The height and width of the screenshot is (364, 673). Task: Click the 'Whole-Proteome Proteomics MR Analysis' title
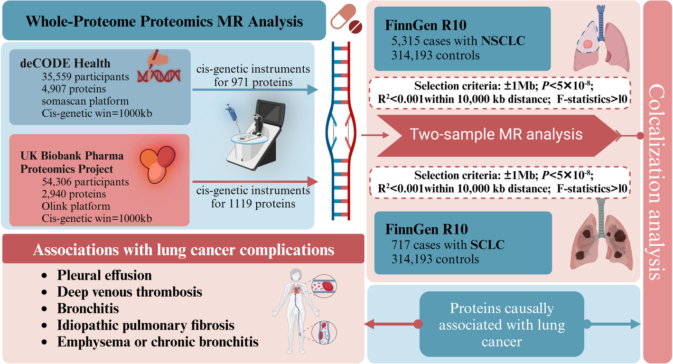[x=164, y=21]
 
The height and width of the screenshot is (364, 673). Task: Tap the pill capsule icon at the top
[x=344, y=16]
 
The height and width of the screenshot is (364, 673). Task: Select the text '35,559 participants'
[x=85, y=76]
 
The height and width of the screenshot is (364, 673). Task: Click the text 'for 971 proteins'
[x=253, y=82]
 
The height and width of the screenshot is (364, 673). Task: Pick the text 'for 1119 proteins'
[x=253, y=204]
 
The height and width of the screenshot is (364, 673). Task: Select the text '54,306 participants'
[x=85, y=182]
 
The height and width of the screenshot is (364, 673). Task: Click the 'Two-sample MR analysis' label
[x=496, y=134]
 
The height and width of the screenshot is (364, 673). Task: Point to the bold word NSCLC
[x=503, y=41]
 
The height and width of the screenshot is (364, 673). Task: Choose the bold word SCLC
[x=487, y=245]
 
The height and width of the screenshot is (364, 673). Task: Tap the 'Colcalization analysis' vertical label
[x=656, y=182]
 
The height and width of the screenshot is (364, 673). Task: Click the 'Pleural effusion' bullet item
[x=104, y=275]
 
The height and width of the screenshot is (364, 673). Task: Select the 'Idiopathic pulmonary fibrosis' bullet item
[x=146, y=325]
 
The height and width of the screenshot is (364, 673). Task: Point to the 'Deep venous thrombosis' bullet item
[x=130, y=291]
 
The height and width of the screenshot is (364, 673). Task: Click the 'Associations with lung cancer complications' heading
[x=184, y=250]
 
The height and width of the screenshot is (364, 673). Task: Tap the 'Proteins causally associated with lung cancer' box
[x=502, y=324]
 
